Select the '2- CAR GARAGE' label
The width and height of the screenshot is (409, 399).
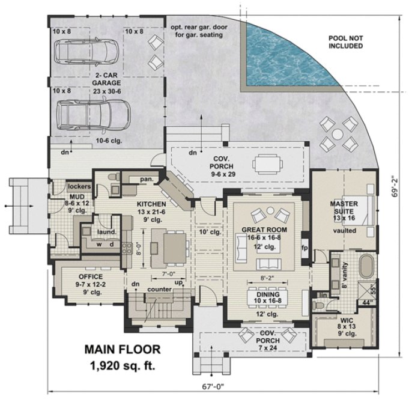108,79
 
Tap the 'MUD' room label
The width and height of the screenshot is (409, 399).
60,196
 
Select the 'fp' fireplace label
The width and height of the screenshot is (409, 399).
304,247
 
